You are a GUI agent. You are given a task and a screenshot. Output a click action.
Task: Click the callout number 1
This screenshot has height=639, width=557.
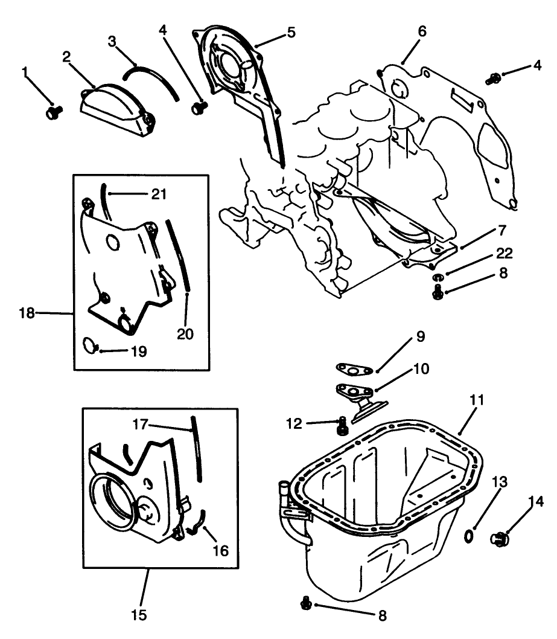tap(25, 72)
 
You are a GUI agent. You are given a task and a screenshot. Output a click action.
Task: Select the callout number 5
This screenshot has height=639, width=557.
tap(291, 32)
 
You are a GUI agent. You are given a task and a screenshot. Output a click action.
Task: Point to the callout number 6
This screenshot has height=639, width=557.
tap(422, 31)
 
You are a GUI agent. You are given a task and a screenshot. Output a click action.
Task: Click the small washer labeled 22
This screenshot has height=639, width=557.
tap(437, 277)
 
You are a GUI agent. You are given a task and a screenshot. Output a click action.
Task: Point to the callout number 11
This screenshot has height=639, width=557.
tap(477, 400)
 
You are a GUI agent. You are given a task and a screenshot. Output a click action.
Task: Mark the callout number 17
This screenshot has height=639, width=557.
tap(141, 425)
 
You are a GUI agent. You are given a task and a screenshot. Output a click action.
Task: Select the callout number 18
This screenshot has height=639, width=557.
tap(27, 313)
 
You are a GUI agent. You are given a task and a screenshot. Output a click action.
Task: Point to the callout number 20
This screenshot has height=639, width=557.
tap(185, 333)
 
